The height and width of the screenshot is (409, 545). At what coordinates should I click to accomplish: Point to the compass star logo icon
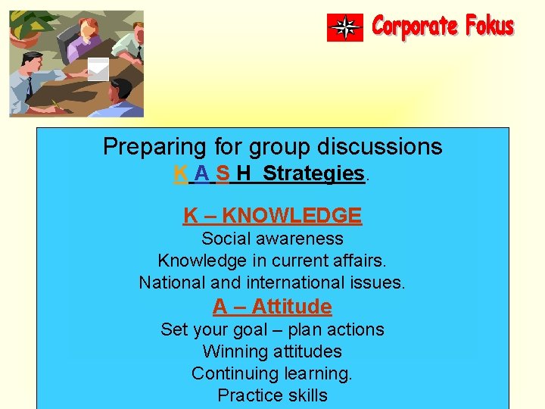[x=345, y=27]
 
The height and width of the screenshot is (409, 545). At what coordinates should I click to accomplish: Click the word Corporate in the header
[x=415, y=27]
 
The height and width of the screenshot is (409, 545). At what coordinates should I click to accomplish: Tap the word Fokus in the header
[x=490, y=27]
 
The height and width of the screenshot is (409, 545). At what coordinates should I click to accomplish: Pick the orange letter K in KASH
[x=180, y=173]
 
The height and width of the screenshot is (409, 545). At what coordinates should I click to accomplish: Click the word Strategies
[x=313, y=173]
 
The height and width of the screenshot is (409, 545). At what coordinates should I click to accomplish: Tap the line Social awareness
[x=272, y=239]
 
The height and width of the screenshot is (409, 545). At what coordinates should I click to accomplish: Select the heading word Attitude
[x=291, y=307]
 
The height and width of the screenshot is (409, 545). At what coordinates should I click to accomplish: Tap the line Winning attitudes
[x=272, y=351]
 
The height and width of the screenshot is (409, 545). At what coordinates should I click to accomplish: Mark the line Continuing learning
[x=272, y=373]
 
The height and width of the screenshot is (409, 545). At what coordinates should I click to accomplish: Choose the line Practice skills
[x=272, y=395]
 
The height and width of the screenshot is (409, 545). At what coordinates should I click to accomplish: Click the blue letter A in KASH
[x=201, y=173]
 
